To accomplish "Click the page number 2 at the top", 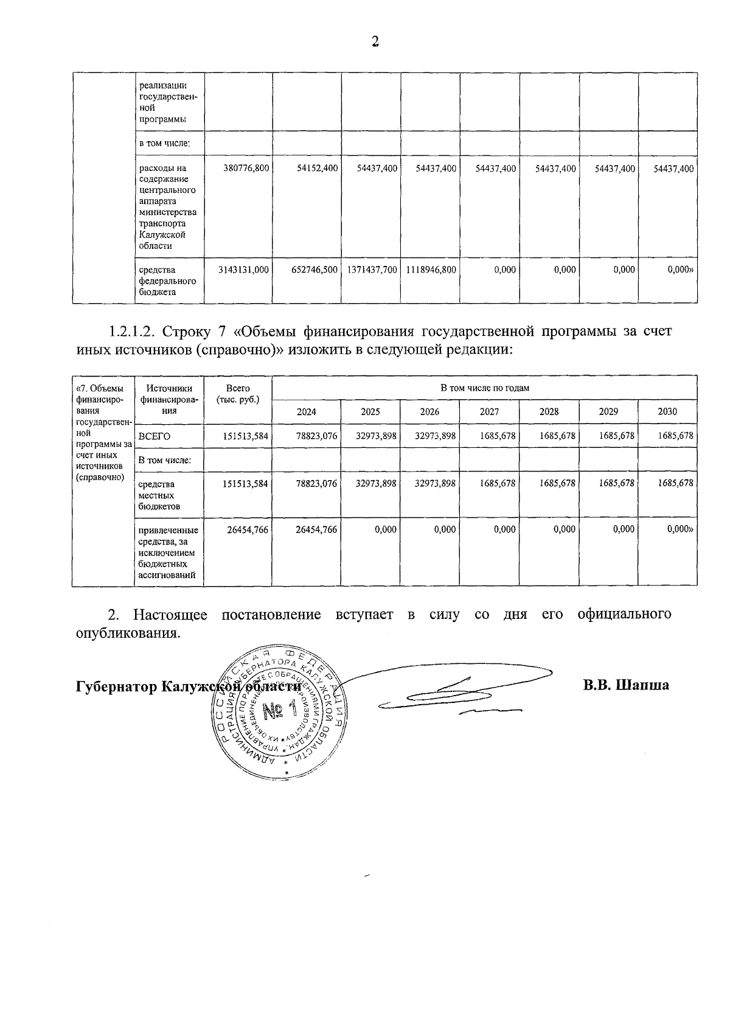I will coord(375,41).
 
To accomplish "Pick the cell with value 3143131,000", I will coord(243,270).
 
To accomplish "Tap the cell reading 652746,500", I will coord(314,270).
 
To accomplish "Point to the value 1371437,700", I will coord(373,270).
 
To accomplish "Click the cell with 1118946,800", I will coord(431,270).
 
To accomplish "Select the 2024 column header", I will coord(306,412).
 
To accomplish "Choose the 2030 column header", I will coord(667,412).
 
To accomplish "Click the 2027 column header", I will coord(489,412).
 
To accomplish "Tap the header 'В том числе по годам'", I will coord(485,388).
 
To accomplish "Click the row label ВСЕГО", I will coord(155,436).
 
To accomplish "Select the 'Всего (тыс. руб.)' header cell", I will coord(238,394).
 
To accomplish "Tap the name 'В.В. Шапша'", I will coord(626,685).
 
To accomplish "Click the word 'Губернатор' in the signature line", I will coord(114,686).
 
